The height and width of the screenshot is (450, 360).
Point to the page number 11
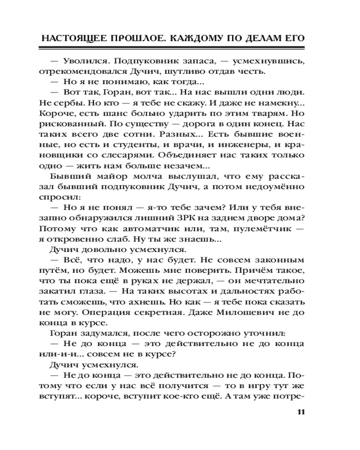click(301, 412)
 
